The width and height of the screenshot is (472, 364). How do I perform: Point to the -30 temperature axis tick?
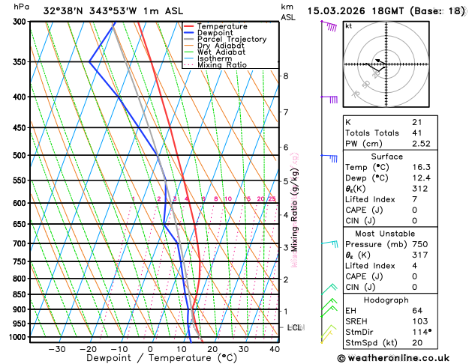click(56, 349)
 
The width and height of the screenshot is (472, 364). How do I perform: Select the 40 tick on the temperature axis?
click(275, 349)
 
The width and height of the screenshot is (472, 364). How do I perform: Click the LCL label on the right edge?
click(295, 328)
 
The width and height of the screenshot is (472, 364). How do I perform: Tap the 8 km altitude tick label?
click(285, 76)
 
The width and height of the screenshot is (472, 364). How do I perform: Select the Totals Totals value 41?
click(417, 133)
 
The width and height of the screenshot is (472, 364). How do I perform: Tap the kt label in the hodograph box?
click(349, 26)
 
